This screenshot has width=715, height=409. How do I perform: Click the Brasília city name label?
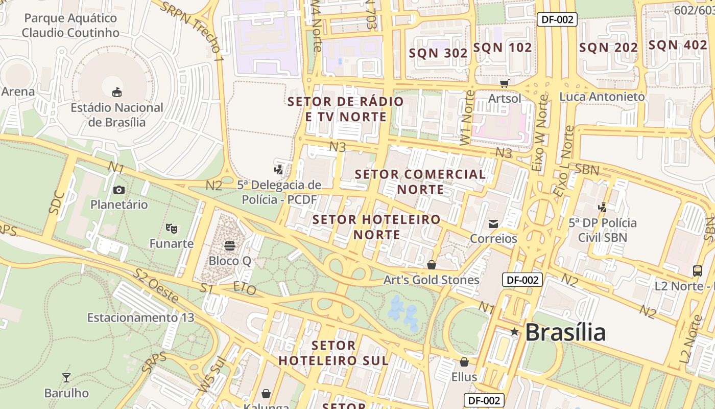tap(565, 333)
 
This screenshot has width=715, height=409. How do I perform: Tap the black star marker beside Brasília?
tap(514, 332)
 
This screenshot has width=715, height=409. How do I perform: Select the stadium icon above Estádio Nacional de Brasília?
tap(117, 92)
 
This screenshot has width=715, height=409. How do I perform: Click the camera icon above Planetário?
tap(119, 190)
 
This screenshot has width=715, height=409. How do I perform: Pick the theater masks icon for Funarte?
tap(171, 228)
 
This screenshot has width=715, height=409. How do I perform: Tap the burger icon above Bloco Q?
tap(230, 246)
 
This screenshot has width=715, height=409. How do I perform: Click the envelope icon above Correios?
tap(493, 223)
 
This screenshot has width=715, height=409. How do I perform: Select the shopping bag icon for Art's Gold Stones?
tap(432, 264)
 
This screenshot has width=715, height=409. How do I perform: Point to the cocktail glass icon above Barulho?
tap(66, 378)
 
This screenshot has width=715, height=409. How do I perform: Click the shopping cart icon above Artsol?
tap(505, 83)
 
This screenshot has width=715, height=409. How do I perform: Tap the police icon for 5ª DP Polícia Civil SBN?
tap(603, 207)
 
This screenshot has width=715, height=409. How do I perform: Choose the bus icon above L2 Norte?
tap(698, 270)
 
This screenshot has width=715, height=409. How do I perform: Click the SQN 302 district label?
tap(438, 53)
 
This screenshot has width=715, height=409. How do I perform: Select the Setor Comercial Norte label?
tap(420, 181)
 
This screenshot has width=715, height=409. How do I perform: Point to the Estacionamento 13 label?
tap(140, 317)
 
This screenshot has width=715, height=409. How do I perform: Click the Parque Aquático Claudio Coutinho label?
tap(70, 26)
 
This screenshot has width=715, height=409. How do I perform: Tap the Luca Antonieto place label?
tap(602, 96)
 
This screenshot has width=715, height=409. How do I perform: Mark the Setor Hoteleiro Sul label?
tap(333, 353)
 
